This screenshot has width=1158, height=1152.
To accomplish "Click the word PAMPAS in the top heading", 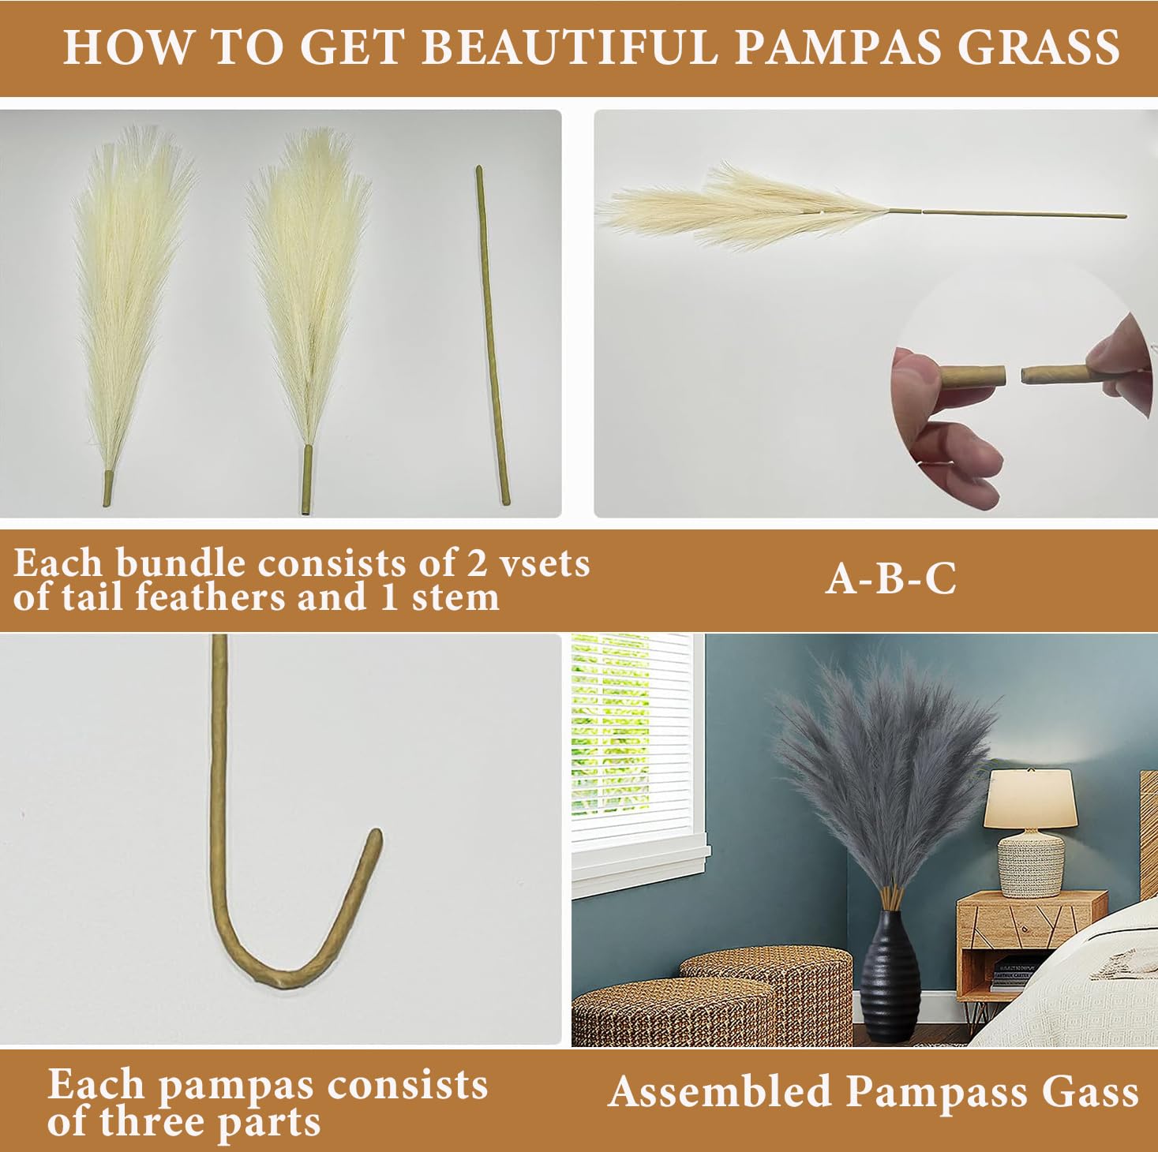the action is click(x=837, y=47).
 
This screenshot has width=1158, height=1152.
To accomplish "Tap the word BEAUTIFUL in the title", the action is click(x=570, y=47).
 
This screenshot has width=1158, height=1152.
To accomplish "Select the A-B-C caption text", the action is click(x=890, y=579).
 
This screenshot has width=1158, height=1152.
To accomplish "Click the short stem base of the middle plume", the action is click(x=307, y=480).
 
